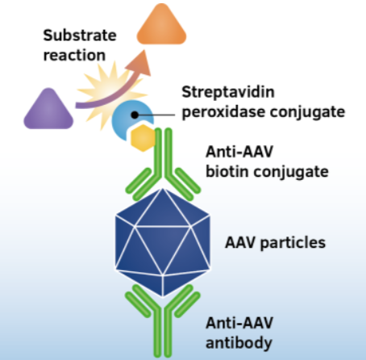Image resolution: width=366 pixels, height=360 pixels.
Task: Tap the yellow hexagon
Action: pyautogui.click(x=143, y=139)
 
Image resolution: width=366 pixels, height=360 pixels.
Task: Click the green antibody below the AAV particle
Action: pyautogui.click(x=163, y=323)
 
